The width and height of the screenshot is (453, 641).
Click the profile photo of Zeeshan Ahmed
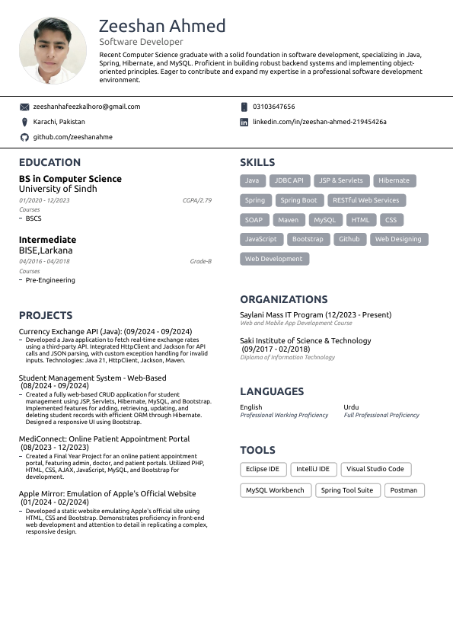53,51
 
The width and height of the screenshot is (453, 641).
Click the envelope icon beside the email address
24,107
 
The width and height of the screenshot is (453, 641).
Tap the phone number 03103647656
273,107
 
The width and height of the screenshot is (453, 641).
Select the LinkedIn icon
244,122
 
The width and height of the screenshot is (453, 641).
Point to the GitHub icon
24,137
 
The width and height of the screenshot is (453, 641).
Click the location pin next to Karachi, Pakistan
24,122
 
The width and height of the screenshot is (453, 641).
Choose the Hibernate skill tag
394,180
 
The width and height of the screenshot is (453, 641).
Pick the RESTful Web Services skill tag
366,200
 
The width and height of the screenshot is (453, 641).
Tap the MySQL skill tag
325,220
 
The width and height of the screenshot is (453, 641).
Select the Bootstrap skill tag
308,239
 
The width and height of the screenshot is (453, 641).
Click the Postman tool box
404,490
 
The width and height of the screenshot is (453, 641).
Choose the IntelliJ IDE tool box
313,470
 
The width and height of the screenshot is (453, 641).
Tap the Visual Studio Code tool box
375,470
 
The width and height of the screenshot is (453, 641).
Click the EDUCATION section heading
49,162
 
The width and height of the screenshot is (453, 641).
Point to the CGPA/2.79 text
196,200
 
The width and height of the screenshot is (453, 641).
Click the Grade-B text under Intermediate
200,261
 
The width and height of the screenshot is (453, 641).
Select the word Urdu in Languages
351,407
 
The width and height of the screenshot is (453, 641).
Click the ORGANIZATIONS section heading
283,299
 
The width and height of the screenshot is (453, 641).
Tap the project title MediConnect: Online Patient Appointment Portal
104,439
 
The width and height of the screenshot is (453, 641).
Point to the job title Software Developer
141,42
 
